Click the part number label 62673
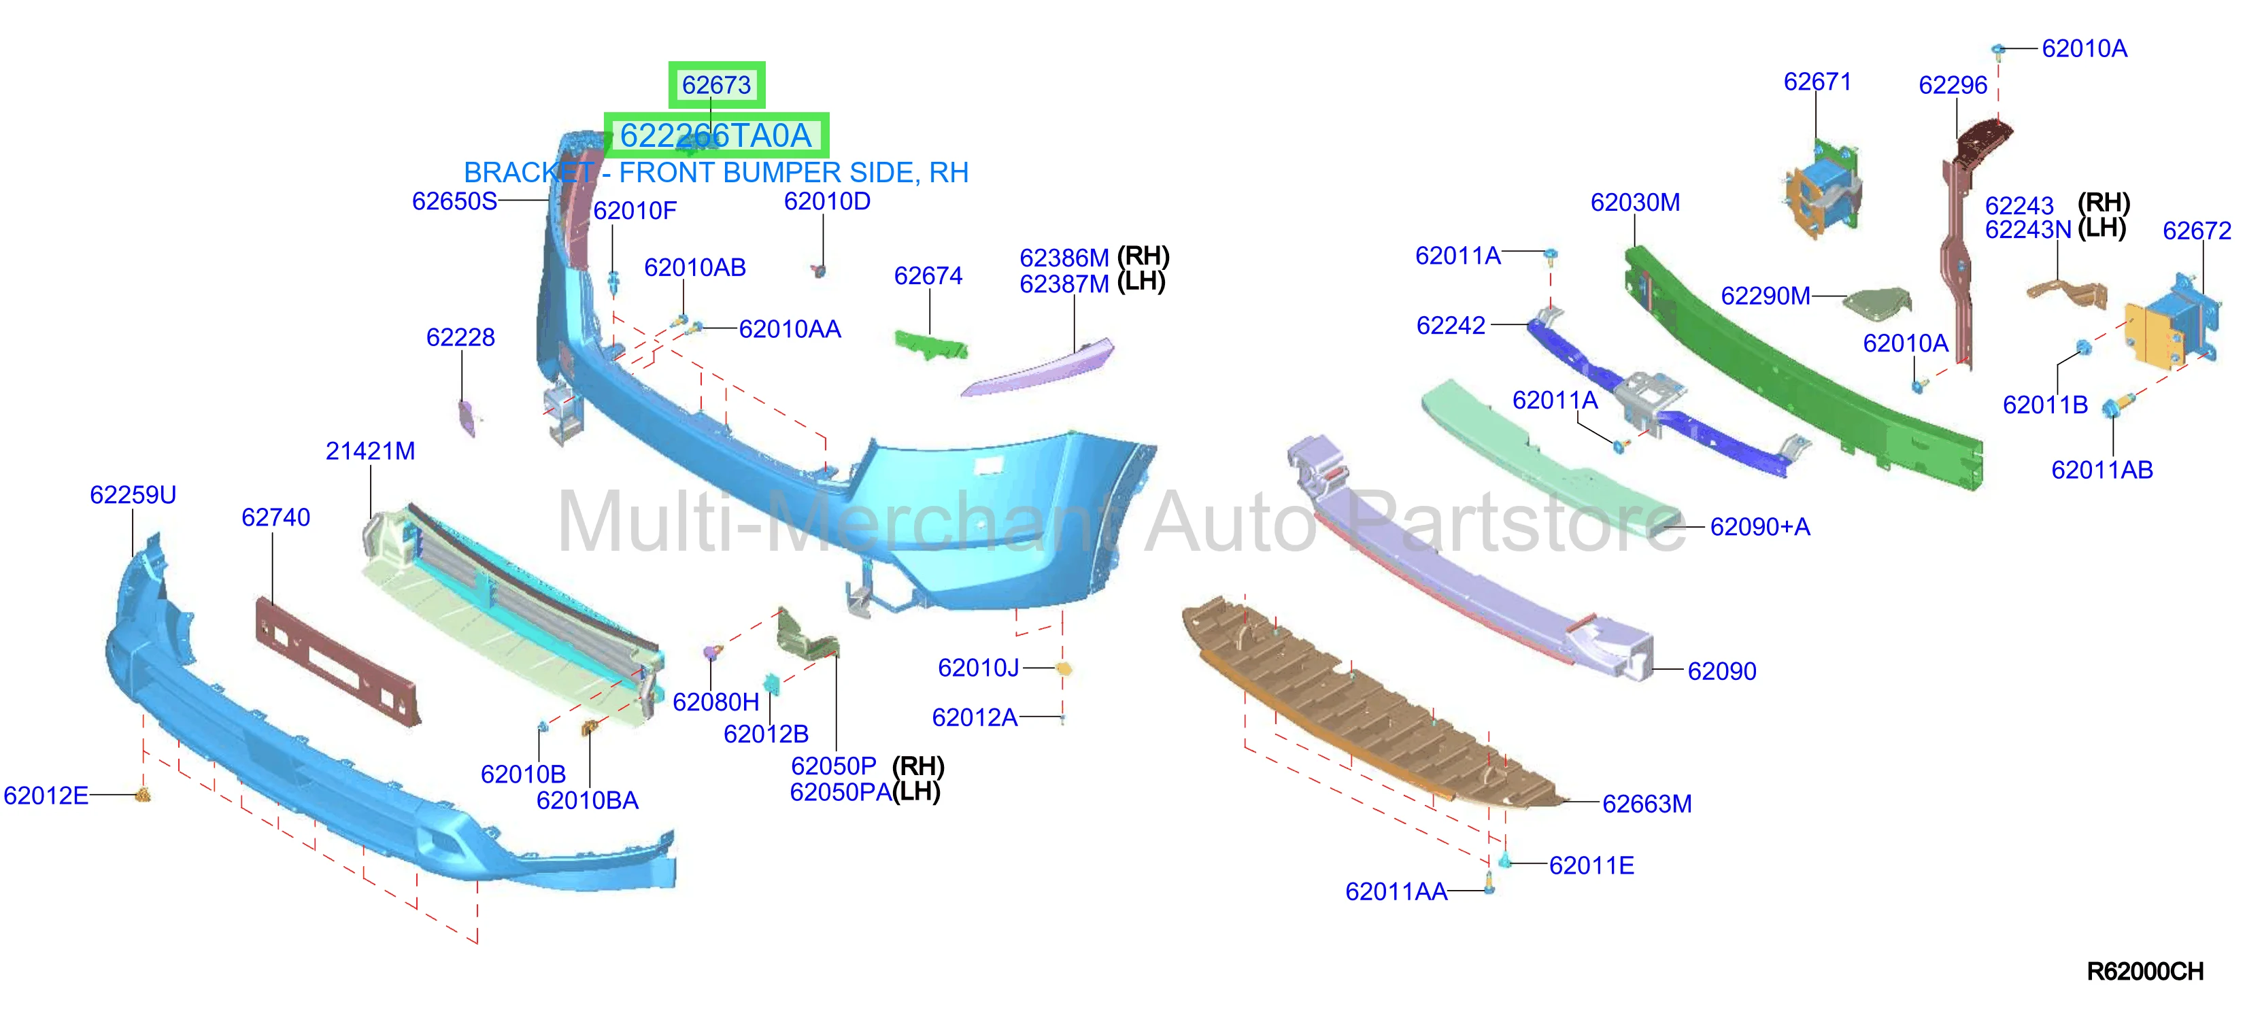[716, 86]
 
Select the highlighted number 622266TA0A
[715, 136]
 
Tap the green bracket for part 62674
[932, 343]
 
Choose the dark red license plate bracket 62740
[338, 660]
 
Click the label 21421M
[371, 451]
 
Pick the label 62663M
[1647, 804]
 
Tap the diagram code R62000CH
[2145, 972]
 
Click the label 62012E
[46, 796]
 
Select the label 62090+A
[1759, 527]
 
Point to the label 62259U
[133, 496]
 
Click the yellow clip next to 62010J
[1063, 669]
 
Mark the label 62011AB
[2102, 471]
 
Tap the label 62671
[1817, 82]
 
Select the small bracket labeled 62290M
[1878, 303]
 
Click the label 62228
[460, 338]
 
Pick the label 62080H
[715, 702]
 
